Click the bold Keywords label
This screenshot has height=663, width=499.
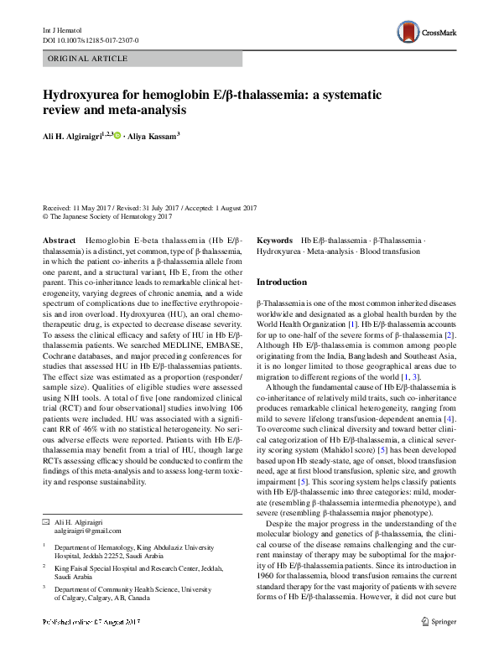274,241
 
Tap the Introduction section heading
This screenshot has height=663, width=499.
283,282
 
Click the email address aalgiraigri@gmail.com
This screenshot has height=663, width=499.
82,531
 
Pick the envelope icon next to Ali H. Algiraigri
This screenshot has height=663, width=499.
47,521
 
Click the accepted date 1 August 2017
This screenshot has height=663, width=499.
231,208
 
